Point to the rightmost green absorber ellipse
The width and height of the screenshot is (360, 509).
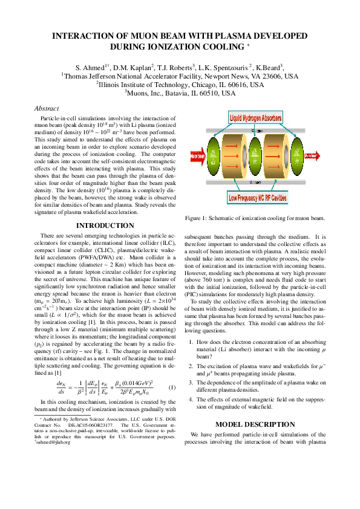coord(296,157)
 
